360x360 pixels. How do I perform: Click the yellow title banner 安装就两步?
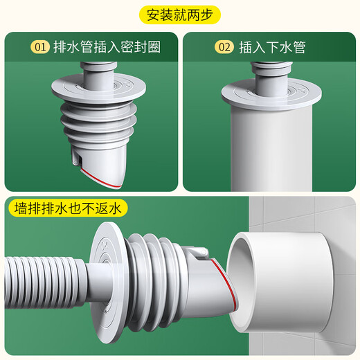pyautogui.click(x=180, y=14)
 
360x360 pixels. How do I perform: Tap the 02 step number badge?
pyautogui.click(x=224, y=47)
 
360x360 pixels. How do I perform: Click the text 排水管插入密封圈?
pyautogui.click(x=103, y=47)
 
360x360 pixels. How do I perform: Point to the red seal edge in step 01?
pyautogui.click(x=97, y=176)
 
